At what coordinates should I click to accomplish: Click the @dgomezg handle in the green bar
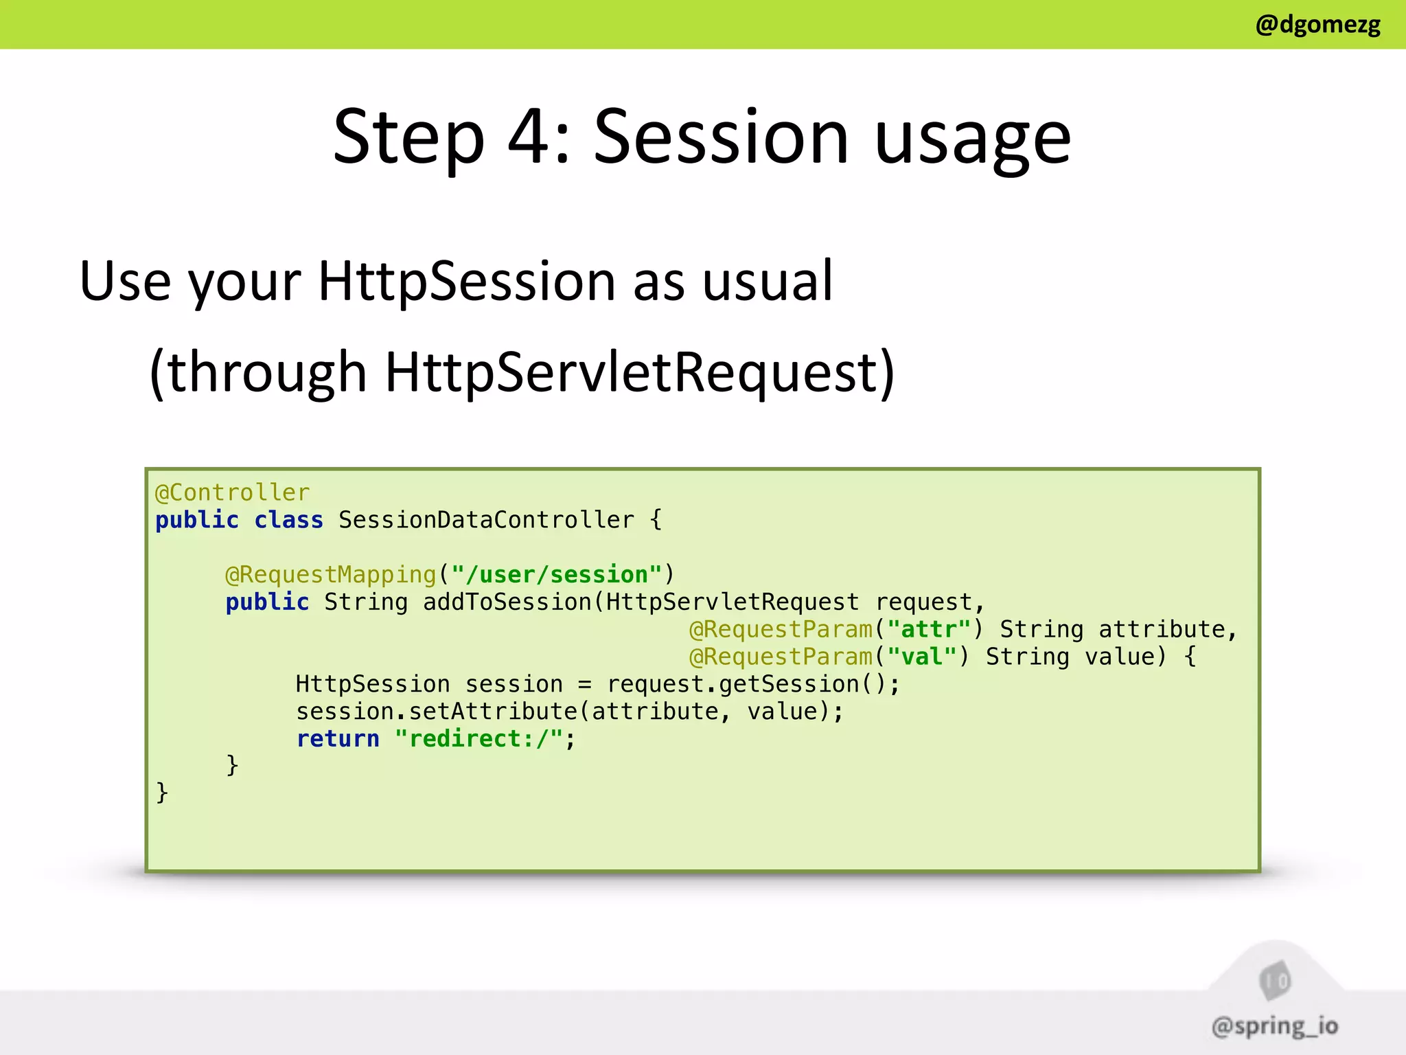click(x=1317, y=25)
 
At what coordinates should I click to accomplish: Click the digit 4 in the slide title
click(x=529, y=137)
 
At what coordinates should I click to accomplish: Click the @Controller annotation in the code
click(x=232, y=492)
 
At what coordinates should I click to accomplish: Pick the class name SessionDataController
click(x=486, y=520)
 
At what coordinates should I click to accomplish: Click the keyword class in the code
click(x=288, y=520)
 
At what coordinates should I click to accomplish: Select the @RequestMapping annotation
click(x=331, y=574)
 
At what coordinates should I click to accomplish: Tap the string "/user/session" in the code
click(x=556, y=574)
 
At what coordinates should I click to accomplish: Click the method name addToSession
click(x=507, y=602)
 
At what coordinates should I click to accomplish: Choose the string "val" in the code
click(x=921, y=657)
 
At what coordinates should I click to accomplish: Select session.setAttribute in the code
click(x=437, y=712)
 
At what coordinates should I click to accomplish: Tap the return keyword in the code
click(x=337, y=738)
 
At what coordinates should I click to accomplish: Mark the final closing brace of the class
click(x=162, y=793)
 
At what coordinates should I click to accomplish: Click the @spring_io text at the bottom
click(x=1275, y=1026)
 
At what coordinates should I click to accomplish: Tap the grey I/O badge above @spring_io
click(x=1275, y=981)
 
